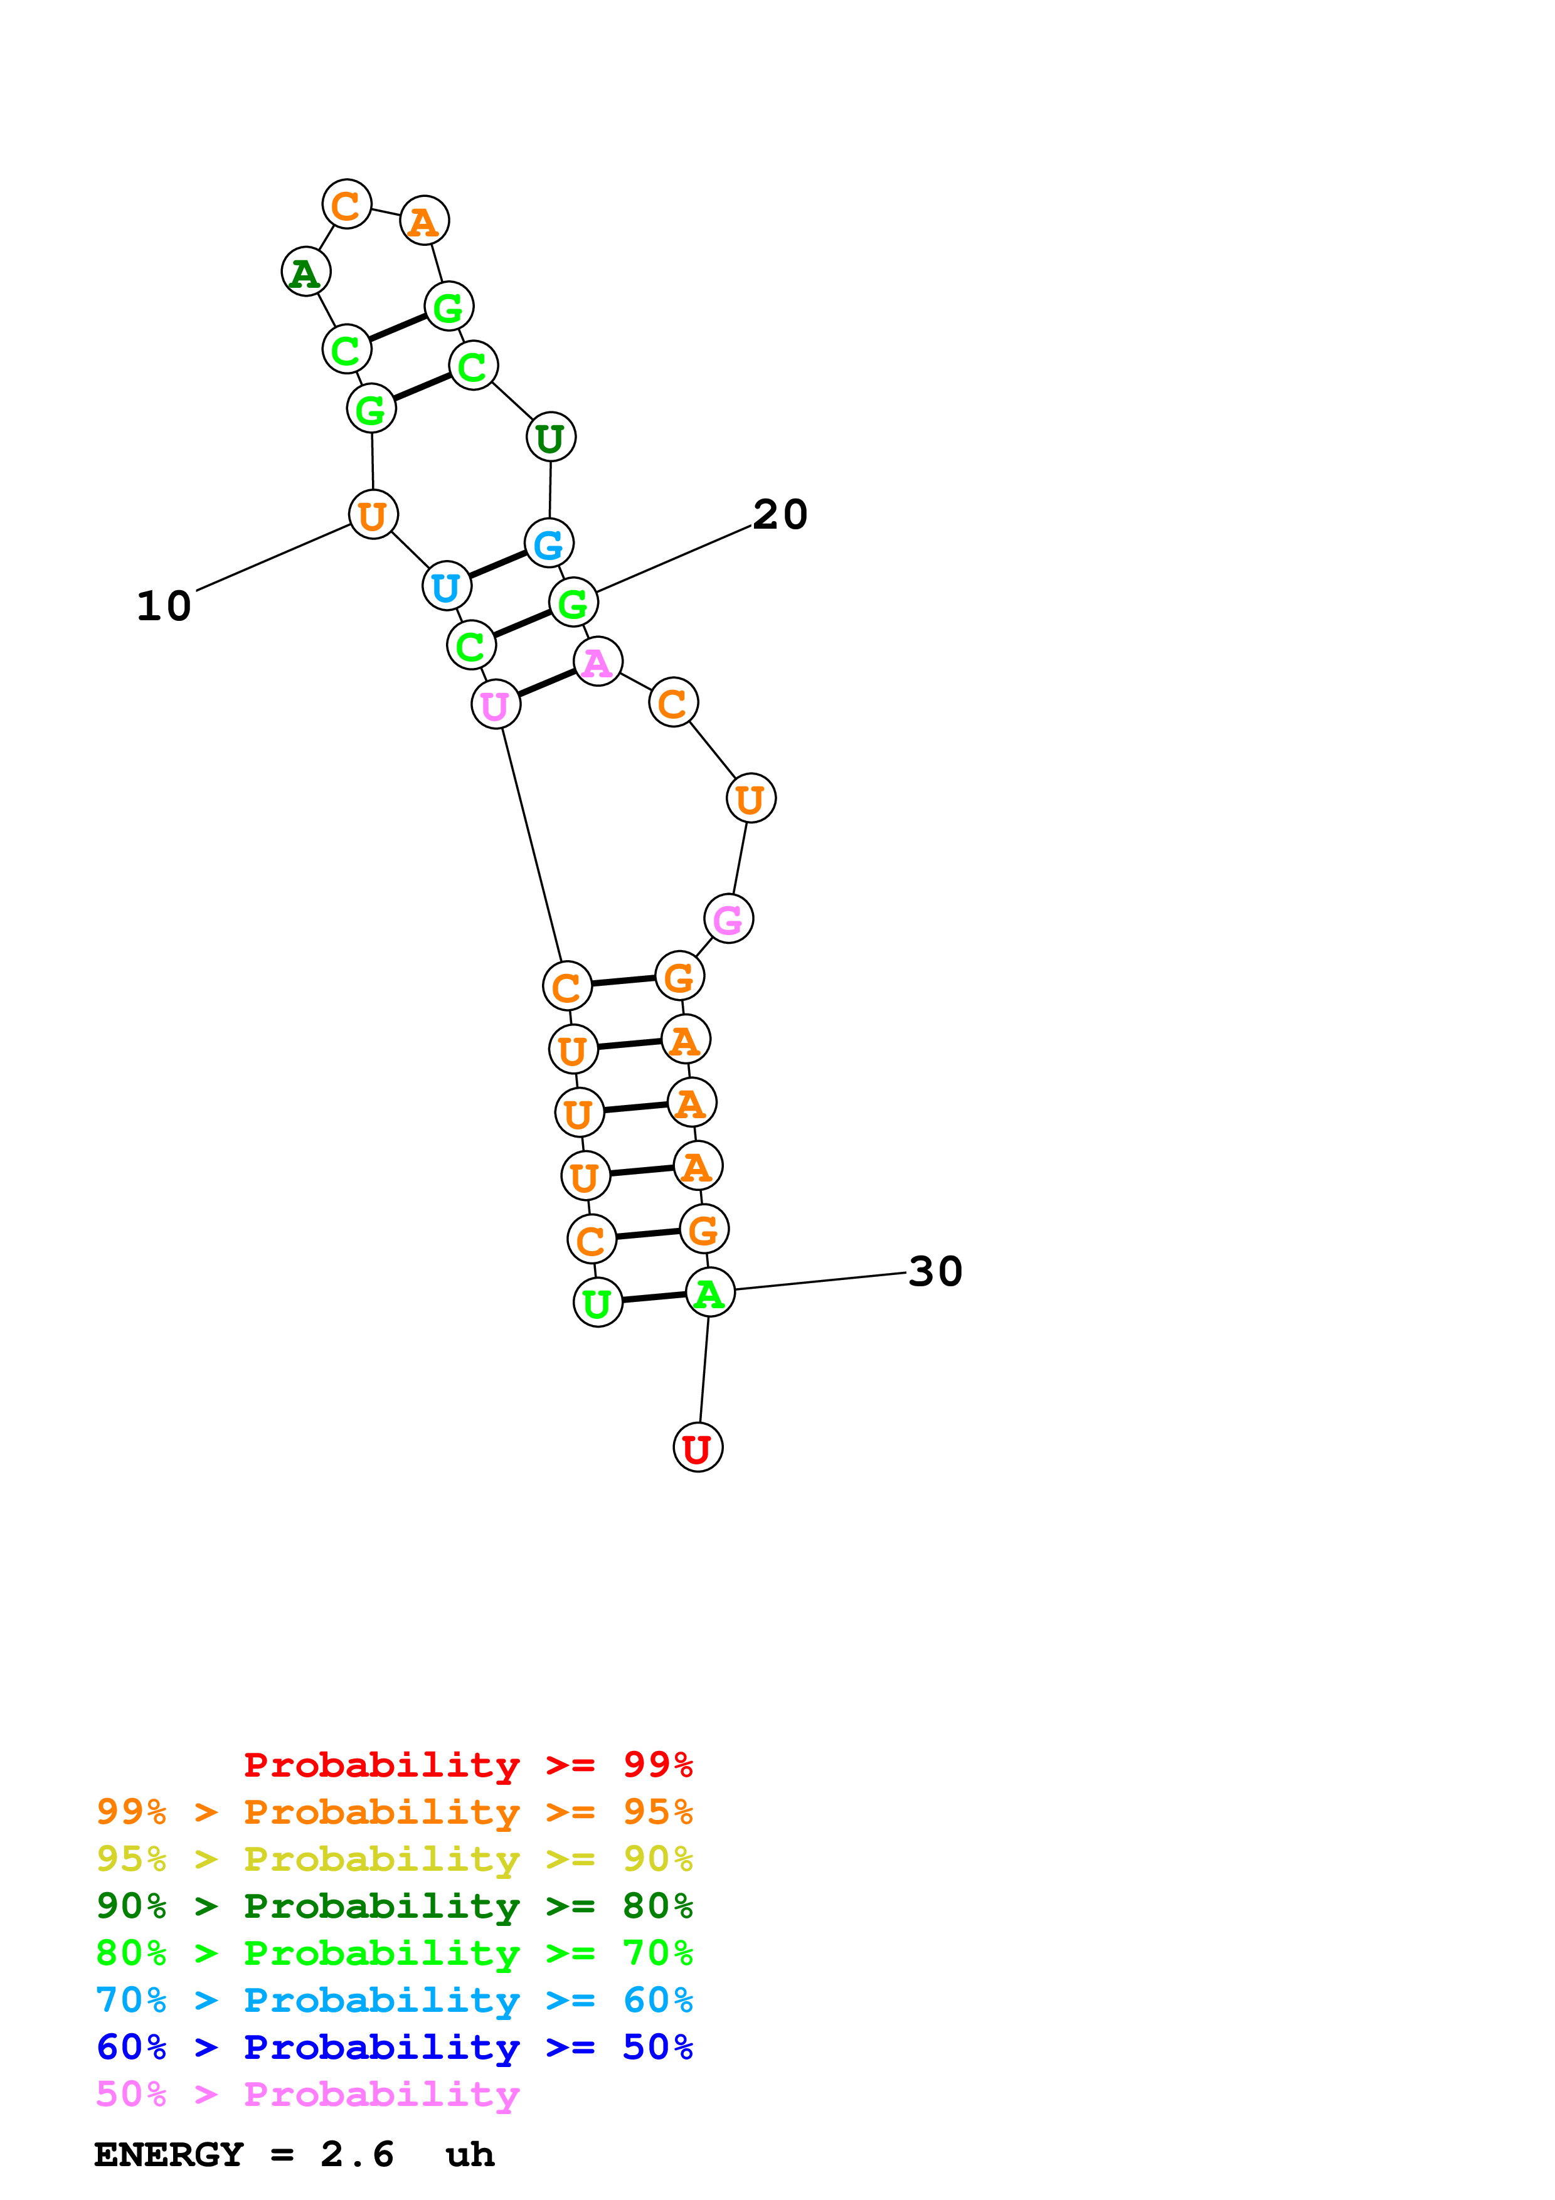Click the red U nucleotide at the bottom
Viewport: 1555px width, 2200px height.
tap(698, 1448)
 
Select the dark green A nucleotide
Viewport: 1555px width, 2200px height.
tap(305, 273)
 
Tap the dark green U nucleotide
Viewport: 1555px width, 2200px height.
tap(550, 438)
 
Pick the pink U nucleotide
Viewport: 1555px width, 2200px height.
tap(496, 706)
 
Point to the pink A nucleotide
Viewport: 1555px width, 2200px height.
tap(597, 662)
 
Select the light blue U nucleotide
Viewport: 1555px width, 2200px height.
tap(447, 586)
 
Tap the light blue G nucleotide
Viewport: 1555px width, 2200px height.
tap(549, 544)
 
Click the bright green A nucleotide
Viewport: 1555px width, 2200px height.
tap(710, 1294)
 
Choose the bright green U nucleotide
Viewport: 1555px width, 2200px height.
tap(597, 1303)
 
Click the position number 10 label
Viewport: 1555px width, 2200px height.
tap(164, 606)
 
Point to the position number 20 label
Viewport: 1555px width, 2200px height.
tap(780, 514)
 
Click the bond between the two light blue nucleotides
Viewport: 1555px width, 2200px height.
tap(497, 565)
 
